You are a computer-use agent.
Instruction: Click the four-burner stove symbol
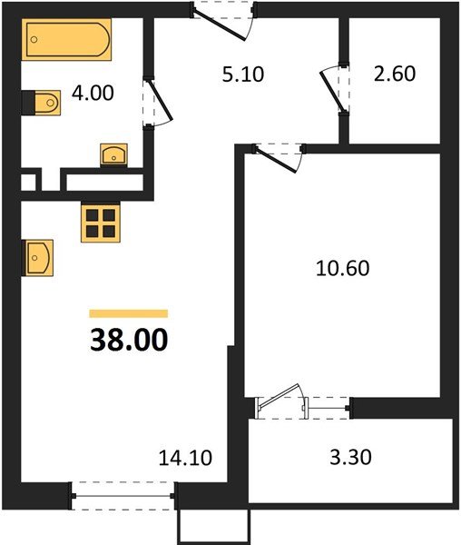tap(101, 223)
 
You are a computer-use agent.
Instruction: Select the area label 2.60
tap(394, 74)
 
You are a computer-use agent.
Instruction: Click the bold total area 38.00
tap(128, 340)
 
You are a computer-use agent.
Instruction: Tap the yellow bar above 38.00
tap(128, 312)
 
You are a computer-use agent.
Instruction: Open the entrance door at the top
tap(225, 18)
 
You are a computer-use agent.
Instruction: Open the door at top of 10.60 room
tap(276, 156)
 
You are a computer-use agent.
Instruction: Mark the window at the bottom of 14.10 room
tap(122, 495)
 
